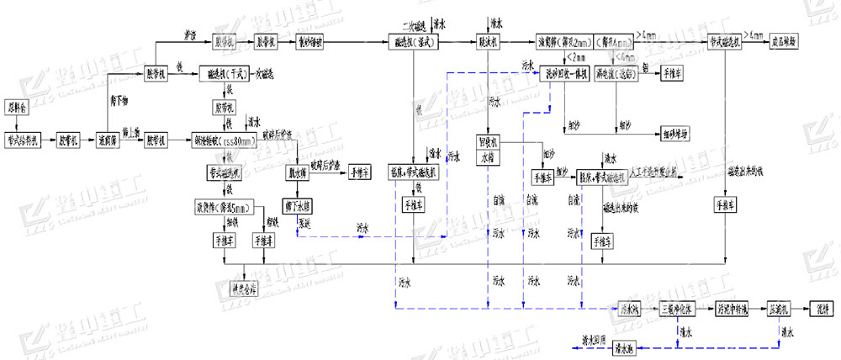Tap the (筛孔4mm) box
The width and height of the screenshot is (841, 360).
pos(616,40)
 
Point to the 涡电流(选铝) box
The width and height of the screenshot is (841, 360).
pos(616,73)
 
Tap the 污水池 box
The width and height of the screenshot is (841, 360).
pos(630,307)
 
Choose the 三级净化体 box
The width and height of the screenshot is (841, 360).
pos(678,307)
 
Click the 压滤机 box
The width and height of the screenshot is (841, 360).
pos(781,307)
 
